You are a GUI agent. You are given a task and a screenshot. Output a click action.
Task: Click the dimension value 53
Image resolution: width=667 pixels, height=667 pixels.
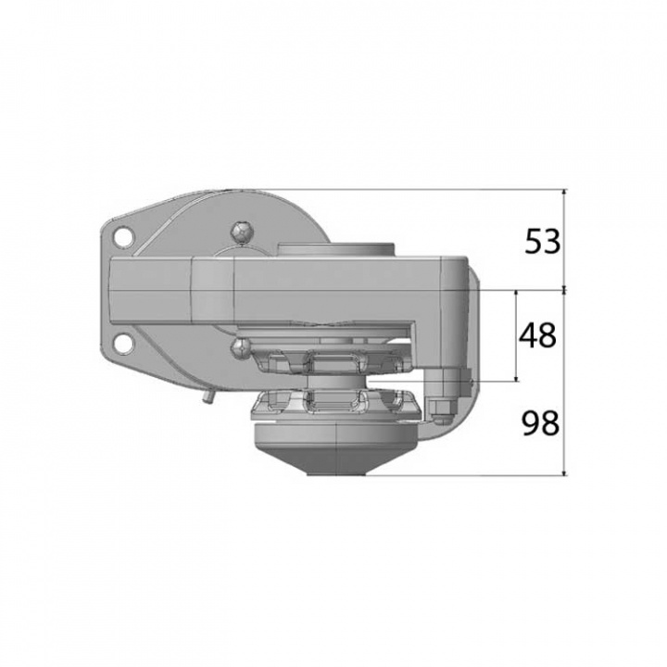coord(543,242)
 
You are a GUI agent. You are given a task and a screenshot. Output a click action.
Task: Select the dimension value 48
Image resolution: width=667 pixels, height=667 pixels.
coord(537,335)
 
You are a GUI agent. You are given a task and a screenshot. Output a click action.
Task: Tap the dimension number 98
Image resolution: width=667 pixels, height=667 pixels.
coord(541,424)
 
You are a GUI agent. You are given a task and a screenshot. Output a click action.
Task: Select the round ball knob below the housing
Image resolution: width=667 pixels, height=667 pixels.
coord(238,348)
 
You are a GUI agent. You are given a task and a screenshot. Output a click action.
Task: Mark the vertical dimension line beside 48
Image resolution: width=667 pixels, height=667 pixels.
coord(516,335)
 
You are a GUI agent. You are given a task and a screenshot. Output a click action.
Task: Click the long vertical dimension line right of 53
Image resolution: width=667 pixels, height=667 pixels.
coord(564,333)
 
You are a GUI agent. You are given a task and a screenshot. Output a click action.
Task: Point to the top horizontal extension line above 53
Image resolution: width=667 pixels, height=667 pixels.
coord(417,190)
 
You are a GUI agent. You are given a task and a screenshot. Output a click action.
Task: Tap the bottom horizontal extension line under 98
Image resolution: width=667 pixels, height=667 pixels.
coord(463,476)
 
